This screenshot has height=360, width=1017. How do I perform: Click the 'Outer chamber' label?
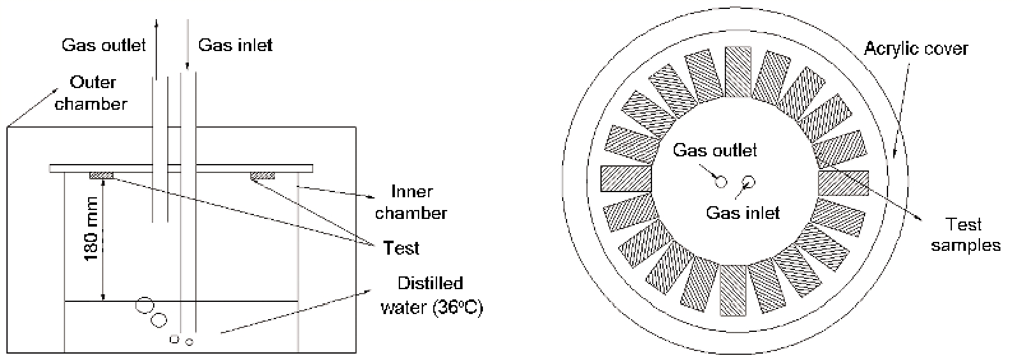pyautogui.click(x=90, y=93)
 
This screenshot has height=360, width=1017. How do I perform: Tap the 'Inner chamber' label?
pyautogui.click(x=411, y=202)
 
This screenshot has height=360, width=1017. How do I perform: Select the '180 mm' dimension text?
pyautogui.click(x=93, y=234)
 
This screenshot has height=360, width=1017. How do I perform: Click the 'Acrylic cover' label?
pyautogui.click(x=916, y=49)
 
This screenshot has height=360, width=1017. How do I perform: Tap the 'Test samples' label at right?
pyautogui.click(x=965, y=235)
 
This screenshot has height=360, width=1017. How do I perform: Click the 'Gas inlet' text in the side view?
pyautogui.click(x=235, y=45)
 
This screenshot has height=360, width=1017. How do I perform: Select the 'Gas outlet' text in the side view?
pyautogui.click(x=103, y=45)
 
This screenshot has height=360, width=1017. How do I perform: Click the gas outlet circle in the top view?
pyautogui.click(x=720, y=182)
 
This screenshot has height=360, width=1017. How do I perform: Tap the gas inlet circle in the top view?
pyautogui.click(x=748, y=182)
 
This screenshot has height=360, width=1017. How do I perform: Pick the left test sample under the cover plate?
pyautogui.click(x=101, y=175)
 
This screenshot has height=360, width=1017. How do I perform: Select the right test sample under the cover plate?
pyautogui.click(x=262, y=175)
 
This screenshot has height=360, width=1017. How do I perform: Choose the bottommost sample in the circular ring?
pyautogui.click(x=733, y=291)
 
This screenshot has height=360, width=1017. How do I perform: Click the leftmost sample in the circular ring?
pyautogui.click(x=625, y=179)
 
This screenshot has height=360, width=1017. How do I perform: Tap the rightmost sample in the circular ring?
pyautogui.click(x=843, y=182)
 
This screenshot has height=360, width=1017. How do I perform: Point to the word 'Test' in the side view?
pyautogui.click(x=401, y=247)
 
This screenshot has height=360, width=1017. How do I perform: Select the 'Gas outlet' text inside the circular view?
pyautogui.click(x=715, y=151)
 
